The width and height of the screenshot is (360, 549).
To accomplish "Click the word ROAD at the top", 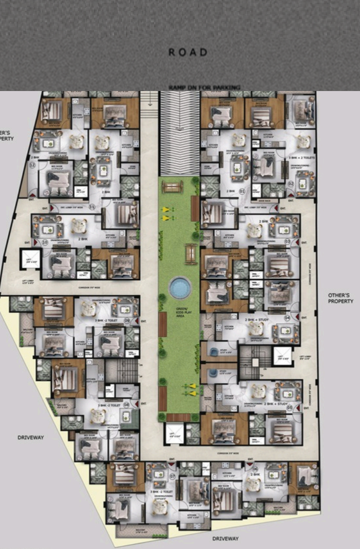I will (x=188, y=52).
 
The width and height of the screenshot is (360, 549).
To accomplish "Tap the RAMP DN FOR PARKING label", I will (x=204, y=87).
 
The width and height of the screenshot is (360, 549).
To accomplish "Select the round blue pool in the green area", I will (x=180, y=288).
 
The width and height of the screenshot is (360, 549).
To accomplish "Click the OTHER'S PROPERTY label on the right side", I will (x=340, y=298).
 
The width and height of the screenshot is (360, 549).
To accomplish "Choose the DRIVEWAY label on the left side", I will (x=31, y=437).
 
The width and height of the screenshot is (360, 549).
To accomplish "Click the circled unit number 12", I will (x=32, y=165).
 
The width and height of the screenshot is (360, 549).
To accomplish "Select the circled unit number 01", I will (x=242, y=191).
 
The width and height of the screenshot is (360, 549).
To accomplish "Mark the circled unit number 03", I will (x=288, y=242).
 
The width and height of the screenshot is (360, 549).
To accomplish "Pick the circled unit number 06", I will (x=255, y=468).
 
